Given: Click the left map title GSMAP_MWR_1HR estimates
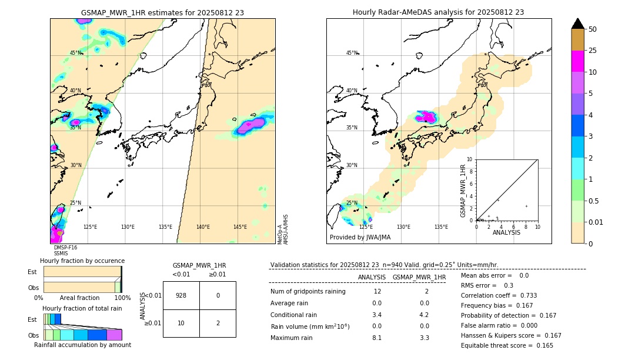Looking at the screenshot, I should tap(162, 12).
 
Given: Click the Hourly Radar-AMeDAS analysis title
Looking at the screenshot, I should tap(438, 12).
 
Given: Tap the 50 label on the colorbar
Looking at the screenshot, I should tap(593, 29).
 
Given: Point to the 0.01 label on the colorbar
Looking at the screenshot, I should tap(595, 222).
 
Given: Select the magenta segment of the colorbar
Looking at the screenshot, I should tap(577, 61).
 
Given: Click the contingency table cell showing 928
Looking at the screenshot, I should tap(181, 295).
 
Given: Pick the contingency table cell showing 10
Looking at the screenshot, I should tap(181, 323).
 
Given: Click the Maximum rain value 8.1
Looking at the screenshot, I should tap(377, 338).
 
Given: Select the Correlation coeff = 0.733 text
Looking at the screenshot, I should tap(499, 295).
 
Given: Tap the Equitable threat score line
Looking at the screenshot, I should tap(507, 345).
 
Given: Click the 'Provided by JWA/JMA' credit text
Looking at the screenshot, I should tap(360, 237).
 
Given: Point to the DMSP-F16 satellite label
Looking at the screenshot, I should tap(65, 248).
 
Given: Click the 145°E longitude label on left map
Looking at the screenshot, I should tap(240, 227).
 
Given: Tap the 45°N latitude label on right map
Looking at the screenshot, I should tap(352, 54).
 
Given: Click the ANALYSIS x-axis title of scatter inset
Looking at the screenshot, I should tap(506, 232).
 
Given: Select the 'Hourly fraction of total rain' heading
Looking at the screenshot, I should tap(82, 308).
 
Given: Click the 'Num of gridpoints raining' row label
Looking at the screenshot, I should tap(308, 292).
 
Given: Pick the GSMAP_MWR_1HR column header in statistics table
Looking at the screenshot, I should tap(419, 277).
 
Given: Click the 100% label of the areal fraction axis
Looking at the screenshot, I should tap(122, 298).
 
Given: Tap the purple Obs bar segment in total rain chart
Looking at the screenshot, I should tap(114, 335).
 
